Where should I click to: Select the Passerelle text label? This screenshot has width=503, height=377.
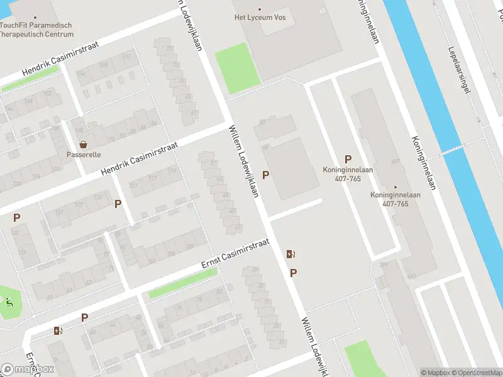pyautogui.click(x=84, y=155)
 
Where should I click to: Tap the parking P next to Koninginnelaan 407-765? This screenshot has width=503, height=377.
pyautogui.click(x=348, y=160)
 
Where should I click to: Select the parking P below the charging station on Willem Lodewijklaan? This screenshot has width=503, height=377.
pyautogui.click(x=293, y=273)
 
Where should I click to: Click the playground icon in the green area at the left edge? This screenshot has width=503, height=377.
pyautogui.click(x=9, y=301)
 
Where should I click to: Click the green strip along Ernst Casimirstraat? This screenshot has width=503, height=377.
pyautogui.click(x=183, y=283)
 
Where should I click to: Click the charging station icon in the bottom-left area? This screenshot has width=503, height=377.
pyautogui.click(x=58, y=331)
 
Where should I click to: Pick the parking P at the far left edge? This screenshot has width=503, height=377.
pyautogui.click(x=16, y=218)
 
